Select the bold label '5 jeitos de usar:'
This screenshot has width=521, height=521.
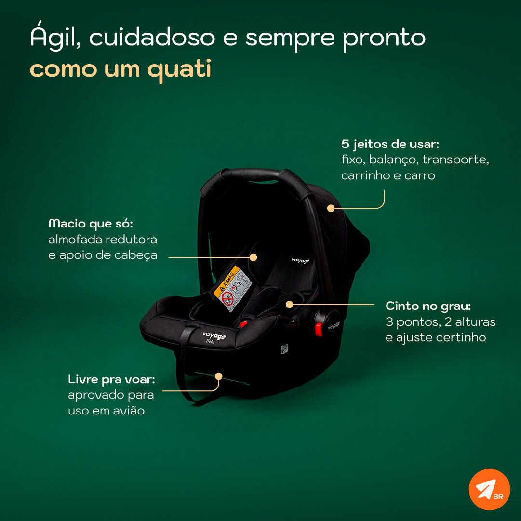pos(390,144)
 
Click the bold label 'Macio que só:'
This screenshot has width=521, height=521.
pos(91,224)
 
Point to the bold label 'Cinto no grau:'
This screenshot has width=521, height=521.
pos(428,307)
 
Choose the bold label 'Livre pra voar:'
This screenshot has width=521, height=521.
pos(112,379)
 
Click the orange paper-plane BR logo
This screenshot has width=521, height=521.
pos(490,490)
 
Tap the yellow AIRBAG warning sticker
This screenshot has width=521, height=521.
pos(232,288)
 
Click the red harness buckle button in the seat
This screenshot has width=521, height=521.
pos(244,323)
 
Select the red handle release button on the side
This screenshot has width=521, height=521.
pos(319,329)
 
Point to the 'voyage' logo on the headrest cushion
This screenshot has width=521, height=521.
pos(300,260)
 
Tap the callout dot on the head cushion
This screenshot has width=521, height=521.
pos(254,257)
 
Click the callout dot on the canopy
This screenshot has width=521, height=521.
pos(331,208)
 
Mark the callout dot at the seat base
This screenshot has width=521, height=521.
pos(219,376)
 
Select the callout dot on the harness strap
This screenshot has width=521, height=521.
pos(289,305)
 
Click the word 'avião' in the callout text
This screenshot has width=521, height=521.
pos(129,411)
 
